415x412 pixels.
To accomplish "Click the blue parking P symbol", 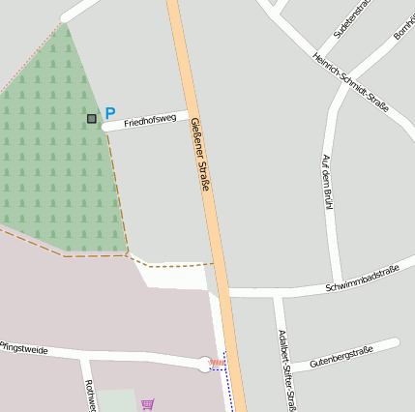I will (109, 113).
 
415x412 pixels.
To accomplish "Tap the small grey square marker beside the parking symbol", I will (92, 119).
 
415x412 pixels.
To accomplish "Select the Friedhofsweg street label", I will (149, 120).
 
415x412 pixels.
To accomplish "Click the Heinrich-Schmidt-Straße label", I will (350, 82).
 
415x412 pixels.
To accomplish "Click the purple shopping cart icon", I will (148, 404).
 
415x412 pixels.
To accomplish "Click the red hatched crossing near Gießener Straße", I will (218, 364).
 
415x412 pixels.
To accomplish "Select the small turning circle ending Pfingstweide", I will (204, 364).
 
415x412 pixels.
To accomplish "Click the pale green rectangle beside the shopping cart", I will (116, 400).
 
